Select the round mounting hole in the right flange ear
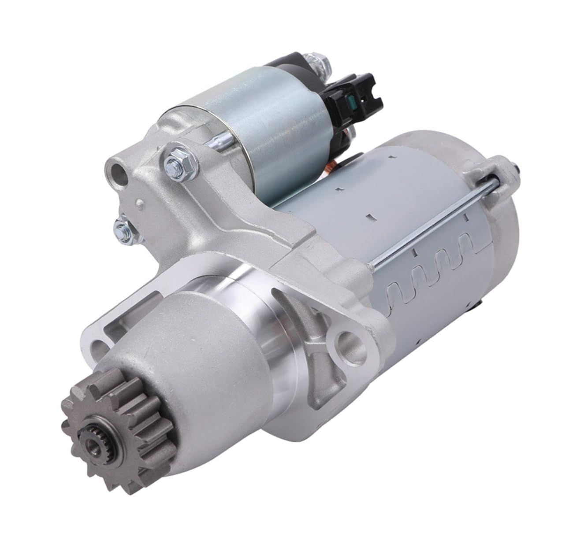350,341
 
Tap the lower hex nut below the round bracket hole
120,228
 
